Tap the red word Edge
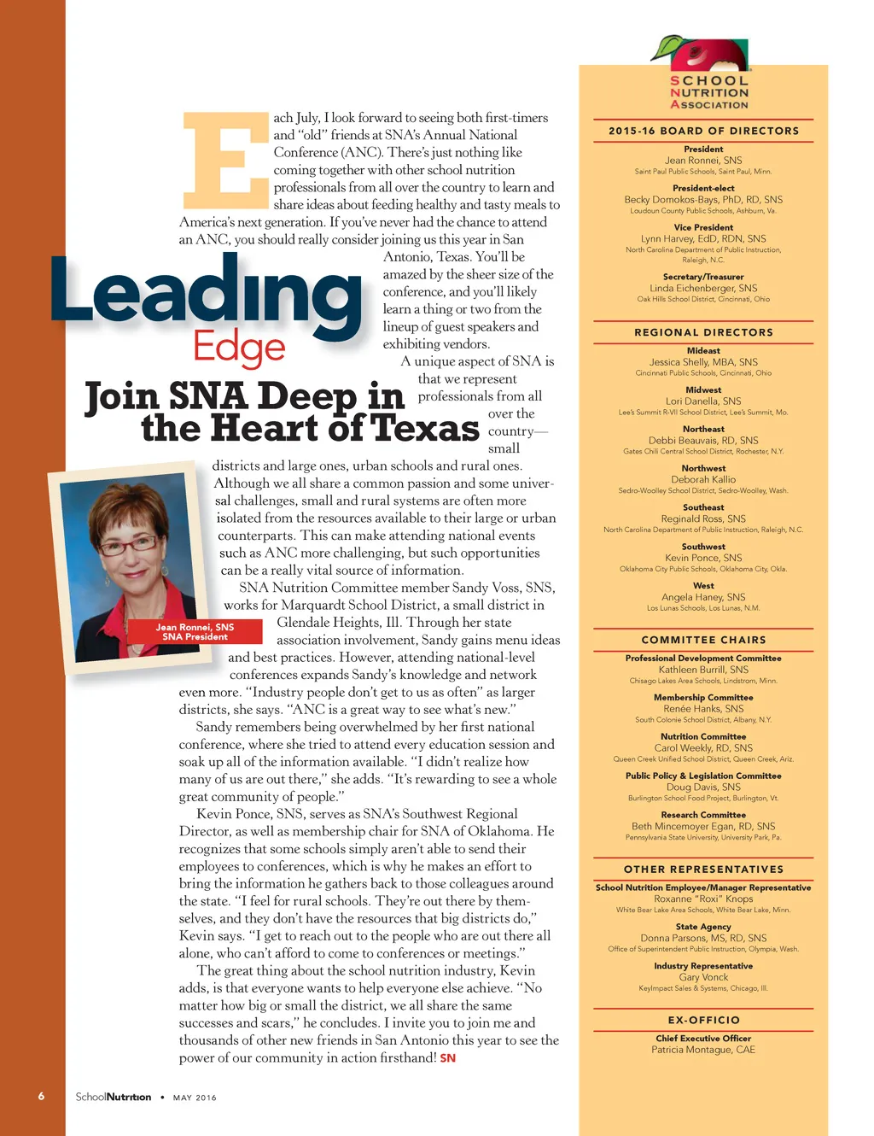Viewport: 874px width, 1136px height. click(x=239, y=347)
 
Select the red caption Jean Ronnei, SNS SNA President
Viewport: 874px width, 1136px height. click(x=195, y=632)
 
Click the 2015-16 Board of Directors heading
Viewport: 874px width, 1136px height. click(x=703, y=131)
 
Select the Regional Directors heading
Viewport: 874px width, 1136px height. click(x=703, y=332)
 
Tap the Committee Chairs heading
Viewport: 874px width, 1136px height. click(x=703, y=640)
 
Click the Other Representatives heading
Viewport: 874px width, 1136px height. click(x=703, y=869)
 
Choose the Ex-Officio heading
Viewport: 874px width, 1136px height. click(x=703, y=1020)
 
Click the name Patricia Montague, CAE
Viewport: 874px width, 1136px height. click(x=703, y=1050)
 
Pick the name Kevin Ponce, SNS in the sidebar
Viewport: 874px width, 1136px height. click(x=703, y=558)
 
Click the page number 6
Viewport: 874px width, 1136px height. click(x=41, y=1096)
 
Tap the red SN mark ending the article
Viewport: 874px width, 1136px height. click(x=447, y=1058)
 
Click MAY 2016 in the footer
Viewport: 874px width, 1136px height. click(x=195, y=1098)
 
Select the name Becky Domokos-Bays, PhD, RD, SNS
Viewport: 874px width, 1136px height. click(x=703, y=200)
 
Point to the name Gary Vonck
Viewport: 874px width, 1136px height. click(x=703, y=977)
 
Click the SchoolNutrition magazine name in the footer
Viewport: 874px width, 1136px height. click(x=113, y=1097)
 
